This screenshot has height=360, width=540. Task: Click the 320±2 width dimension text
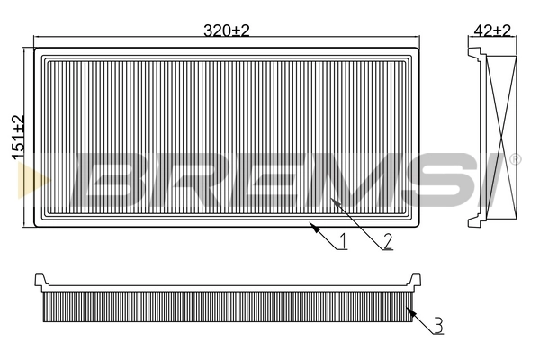[x=227, y=30]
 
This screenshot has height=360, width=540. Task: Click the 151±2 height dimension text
[x=17, y=138]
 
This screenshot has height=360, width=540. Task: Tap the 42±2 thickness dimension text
[x=492, y=30]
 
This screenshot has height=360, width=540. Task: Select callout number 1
[x=343, y=240]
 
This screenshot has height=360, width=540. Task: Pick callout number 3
[x=436, y=326]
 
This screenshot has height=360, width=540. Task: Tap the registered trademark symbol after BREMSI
[x=515, y=160]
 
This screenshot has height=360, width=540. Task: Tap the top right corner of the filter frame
[x=421, y=48]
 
